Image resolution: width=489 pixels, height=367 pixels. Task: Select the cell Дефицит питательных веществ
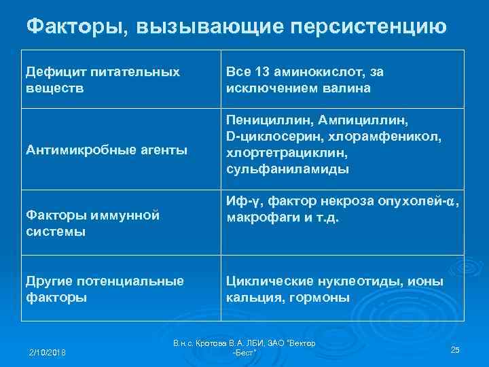(x=103, y=80)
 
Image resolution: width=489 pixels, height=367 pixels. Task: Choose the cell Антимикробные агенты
(x=106, y=150)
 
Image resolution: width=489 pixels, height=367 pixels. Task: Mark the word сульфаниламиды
(x=287, y=169)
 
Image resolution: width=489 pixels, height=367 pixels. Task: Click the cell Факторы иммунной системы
(x=92, y=223)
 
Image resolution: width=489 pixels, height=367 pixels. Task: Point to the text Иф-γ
(x=240, y=202)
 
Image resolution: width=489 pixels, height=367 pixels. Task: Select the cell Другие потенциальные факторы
(x=105, y=289)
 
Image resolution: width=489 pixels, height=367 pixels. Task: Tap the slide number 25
(x=455, y=349)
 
